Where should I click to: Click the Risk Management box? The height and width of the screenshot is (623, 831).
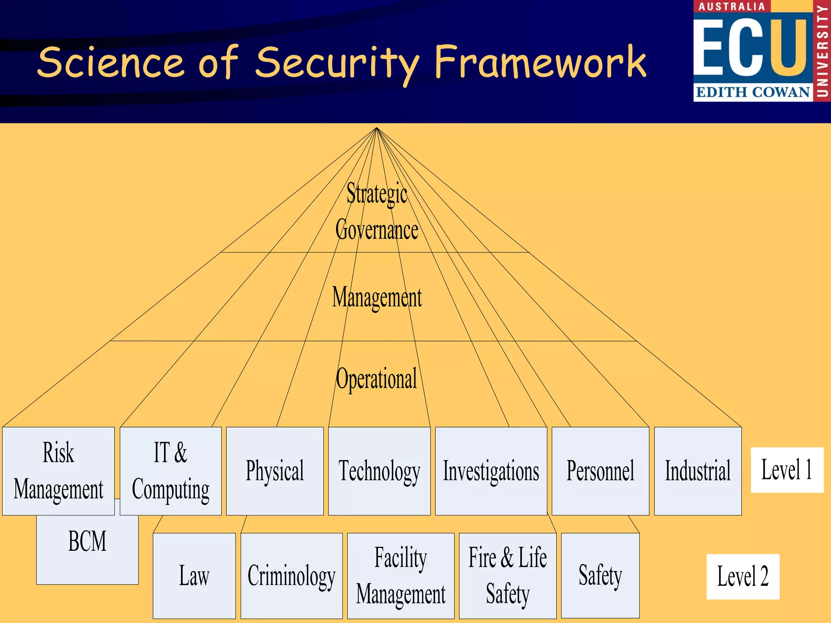point(58,471)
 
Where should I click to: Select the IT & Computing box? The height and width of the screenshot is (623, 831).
point(170,471)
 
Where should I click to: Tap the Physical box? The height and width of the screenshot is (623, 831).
point(275,471)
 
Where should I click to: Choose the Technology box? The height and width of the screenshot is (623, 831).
point(379,471)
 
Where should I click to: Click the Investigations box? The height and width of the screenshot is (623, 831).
point(491,471)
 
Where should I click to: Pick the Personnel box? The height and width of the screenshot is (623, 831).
point(600,471)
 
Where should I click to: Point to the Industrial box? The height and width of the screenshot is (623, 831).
point(698,471)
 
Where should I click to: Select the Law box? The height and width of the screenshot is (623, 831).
point(194,576)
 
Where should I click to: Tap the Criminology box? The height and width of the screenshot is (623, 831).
point(291,576)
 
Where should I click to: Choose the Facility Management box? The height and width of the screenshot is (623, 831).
point(400,576)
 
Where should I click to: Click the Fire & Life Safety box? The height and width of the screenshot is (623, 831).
point(507,576)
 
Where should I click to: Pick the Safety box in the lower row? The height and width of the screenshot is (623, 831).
point(600,576)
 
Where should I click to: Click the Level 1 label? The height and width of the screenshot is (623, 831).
point(787,470)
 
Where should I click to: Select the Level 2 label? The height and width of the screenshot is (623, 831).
point(743,576)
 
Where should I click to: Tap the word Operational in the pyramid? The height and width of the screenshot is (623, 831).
point(377,379)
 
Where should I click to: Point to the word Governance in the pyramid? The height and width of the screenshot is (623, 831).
point(377,230)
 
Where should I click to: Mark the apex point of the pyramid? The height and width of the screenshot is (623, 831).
point(377,128)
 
